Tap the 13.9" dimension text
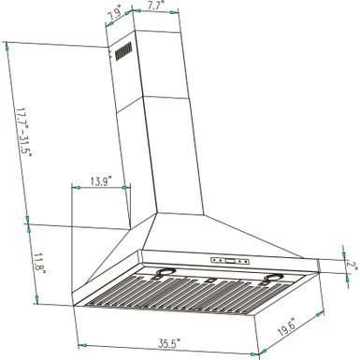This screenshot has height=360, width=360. coord(102,180)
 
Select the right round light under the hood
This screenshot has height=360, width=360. coord(273,278)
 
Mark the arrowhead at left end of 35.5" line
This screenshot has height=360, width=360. coord(76,331)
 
